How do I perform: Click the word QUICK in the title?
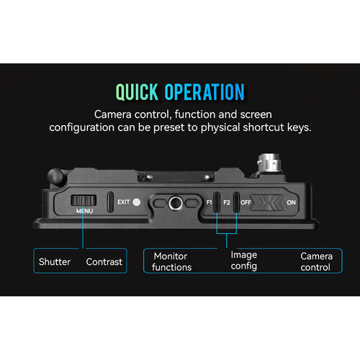click(137, 92)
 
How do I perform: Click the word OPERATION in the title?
click(204, 92)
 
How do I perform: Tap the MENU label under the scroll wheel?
click(84, 211)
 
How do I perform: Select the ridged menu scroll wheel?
click(84, 200)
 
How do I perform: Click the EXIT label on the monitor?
click(124, 202)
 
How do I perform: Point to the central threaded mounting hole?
click(176, 203)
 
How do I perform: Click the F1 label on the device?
click(209, 202)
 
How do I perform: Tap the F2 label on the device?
click(227, 202)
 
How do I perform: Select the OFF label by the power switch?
click(246, 202)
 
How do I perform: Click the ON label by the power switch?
click(291, 202)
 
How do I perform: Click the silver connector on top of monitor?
click(269, 163)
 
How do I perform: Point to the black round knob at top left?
click(55, 176)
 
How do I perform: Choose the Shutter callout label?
click(55, 262)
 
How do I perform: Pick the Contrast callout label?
click(104, 262)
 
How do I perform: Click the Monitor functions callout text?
click(171, 262)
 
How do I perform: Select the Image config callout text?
click(244, 261)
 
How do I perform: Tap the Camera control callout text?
click(316, 262)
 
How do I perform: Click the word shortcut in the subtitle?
click(264, 127)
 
